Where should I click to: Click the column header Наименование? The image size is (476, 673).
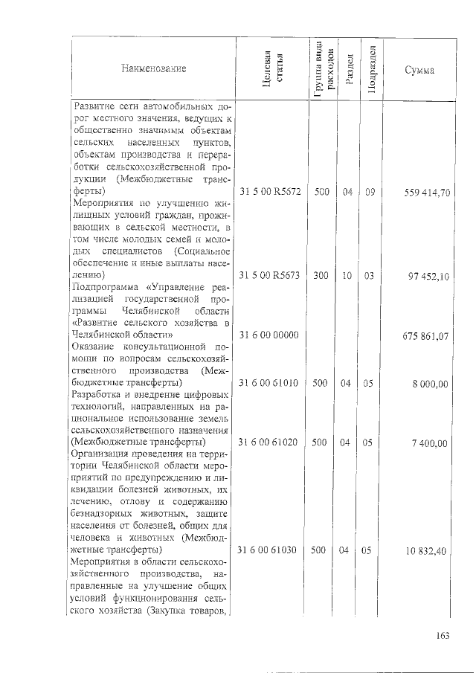tap(155, 69)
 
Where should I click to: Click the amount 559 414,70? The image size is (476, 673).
tap(427, 193)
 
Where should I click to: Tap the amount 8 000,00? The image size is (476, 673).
tap(434, 383)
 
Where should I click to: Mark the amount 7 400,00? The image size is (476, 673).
tap(434, 442)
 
